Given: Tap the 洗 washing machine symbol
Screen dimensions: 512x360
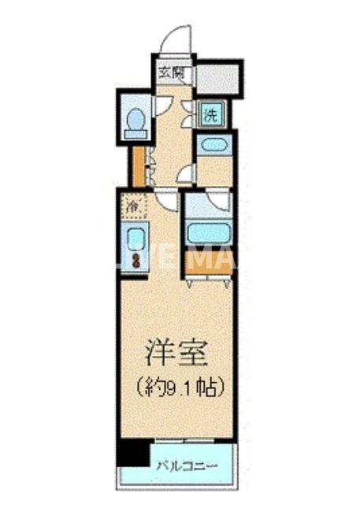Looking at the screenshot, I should point(211,113).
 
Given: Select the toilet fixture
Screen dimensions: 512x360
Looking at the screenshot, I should point(136,122).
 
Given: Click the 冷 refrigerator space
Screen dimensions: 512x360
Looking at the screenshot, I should point(135,206).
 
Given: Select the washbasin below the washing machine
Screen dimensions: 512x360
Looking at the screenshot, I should point(213,145).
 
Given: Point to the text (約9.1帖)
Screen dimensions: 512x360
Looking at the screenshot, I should point(176,387).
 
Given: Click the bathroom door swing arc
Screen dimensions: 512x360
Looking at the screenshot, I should point(219,202).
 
